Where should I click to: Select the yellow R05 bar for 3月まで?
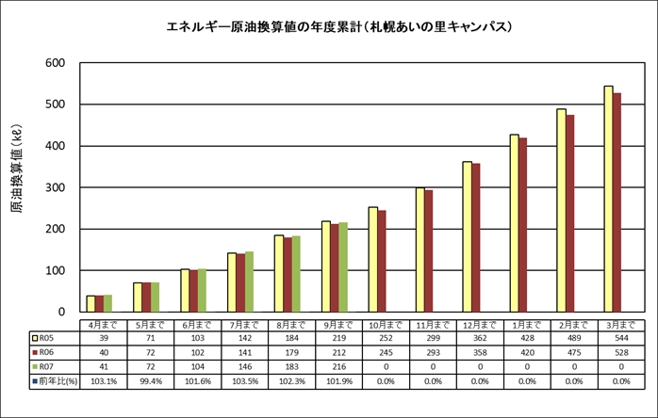pos(608,199)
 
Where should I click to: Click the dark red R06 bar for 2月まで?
pos(570,213)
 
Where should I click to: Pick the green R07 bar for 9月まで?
pos(343,266)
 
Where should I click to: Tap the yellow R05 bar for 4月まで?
pos(90,303)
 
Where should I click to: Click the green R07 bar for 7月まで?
pos(249,281)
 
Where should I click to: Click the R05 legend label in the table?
pos(46,336)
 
